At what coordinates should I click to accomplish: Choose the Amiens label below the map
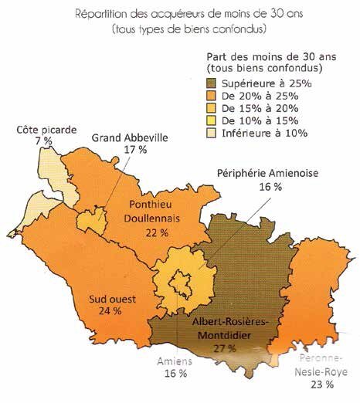click(175, 363)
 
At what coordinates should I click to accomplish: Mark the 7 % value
click(43, 141)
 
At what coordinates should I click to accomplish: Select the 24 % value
click(110, 311)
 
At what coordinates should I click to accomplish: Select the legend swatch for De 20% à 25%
click(214, 96)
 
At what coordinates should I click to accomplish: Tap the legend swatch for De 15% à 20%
click(214, 108)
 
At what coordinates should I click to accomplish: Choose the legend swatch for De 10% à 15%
click(214, 120)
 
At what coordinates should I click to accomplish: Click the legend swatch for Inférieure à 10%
click(214, 133)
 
